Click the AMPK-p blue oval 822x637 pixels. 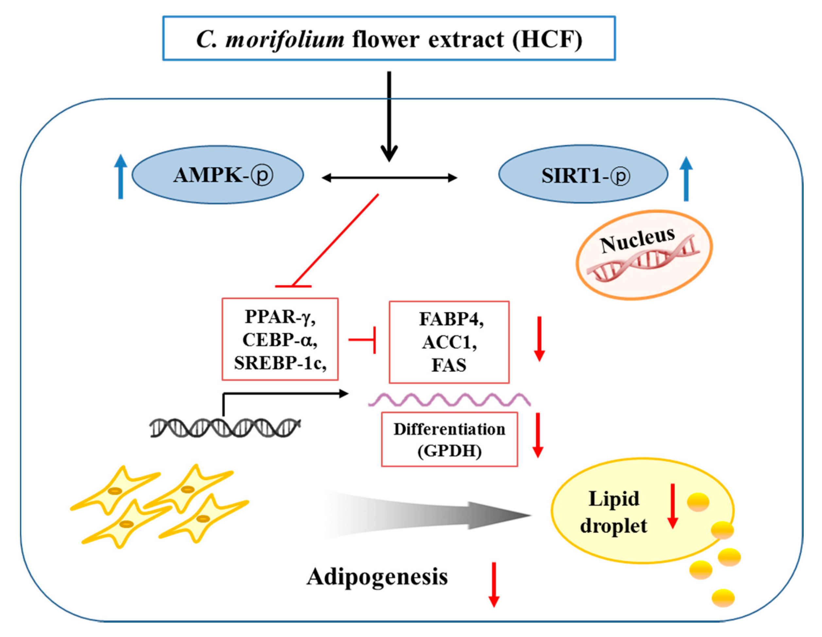click(217, 175)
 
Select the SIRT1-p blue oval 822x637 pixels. click(583, 174)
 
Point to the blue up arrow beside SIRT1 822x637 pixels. click(686, 178)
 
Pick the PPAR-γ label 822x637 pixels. click(280, 317)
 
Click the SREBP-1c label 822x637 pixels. click(280, 363)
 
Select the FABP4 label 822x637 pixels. click(451, 319)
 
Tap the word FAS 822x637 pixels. click(449, 365)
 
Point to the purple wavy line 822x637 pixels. click(449, 399)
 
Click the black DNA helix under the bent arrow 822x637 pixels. click(225, 428)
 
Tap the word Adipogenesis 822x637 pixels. click(377, 577)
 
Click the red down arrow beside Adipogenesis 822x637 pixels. click(494, 585)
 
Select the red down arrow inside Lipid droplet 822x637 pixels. click(673, 506)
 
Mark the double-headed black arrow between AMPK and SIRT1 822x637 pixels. click(389, 178)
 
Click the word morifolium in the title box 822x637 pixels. click(284, 39)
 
